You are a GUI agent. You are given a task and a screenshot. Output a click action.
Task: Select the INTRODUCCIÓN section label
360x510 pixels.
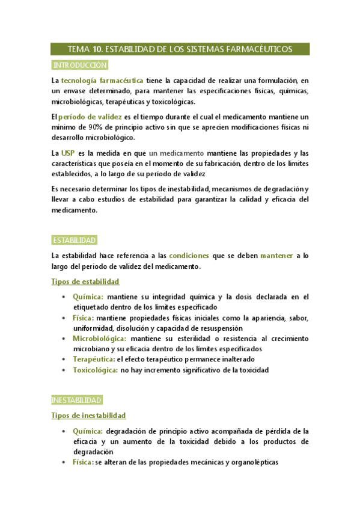point(80,65)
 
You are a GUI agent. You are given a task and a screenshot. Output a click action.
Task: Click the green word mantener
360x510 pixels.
point(276,256)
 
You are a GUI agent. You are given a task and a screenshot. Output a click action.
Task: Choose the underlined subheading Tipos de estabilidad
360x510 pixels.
point(85,281)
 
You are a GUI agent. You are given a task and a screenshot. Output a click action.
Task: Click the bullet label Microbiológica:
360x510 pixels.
point(99,339)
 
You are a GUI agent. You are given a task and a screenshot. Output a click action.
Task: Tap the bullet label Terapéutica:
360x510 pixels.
point(94,359)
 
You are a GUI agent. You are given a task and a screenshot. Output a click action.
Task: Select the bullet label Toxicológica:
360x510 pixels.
point(95,370)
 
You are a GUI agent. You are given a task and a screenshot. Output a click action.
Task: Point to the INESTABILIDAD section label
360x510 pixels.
point(76,400)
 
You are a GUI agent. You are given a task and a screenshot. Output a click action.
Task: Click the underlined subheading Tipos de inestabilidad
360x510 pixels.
point(88,416)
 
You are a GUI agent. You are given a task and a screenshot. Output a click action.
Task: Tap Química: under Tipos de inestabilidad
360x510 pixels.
point(88,431)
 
